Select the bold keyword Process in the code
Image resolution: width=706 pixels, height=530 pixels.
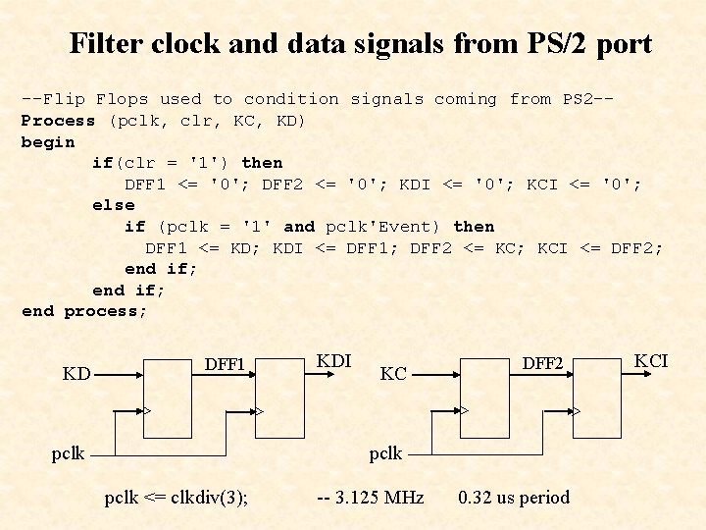(x=59, y=121)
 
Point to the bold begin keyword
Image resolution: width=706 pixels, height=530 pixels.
(x=48, y=141)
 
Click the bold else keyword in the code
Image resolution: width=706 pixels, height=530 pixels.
(x=113, y=205)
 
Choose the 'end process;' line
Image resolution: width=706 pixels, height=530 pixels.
(x=84, y=311)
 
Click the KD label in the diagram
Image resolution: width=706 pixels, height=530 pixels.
(x=77, y=374)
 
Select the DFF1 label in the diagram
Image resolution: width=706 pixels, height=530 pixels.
(x=225, y=364)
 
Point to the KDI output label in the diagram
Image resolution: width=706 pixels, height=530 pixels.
(x=334, y=361)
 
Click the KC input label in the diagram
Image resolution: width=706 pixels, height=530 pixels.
(x=393, y=374)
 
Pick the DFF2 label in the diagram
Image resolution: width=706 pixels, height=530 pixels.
(x=542, y=364)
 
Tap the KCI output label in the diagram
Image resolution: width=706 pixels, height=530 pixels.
(x=651, y=361)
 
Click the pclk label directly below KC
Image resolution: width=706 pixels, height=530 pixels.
(x=385, y=453)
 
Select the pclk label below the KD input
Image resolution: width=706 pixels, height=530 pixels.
(x=69, y=453)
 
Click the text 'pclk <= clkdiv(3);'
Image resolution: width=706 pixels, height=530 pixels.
(x=176, y=498)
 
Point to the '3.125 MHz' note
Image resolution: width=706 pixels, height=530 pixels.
(x=371, y=498)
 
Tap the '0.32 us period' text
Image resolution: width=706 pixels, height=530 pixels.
(x=514, y=498)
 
